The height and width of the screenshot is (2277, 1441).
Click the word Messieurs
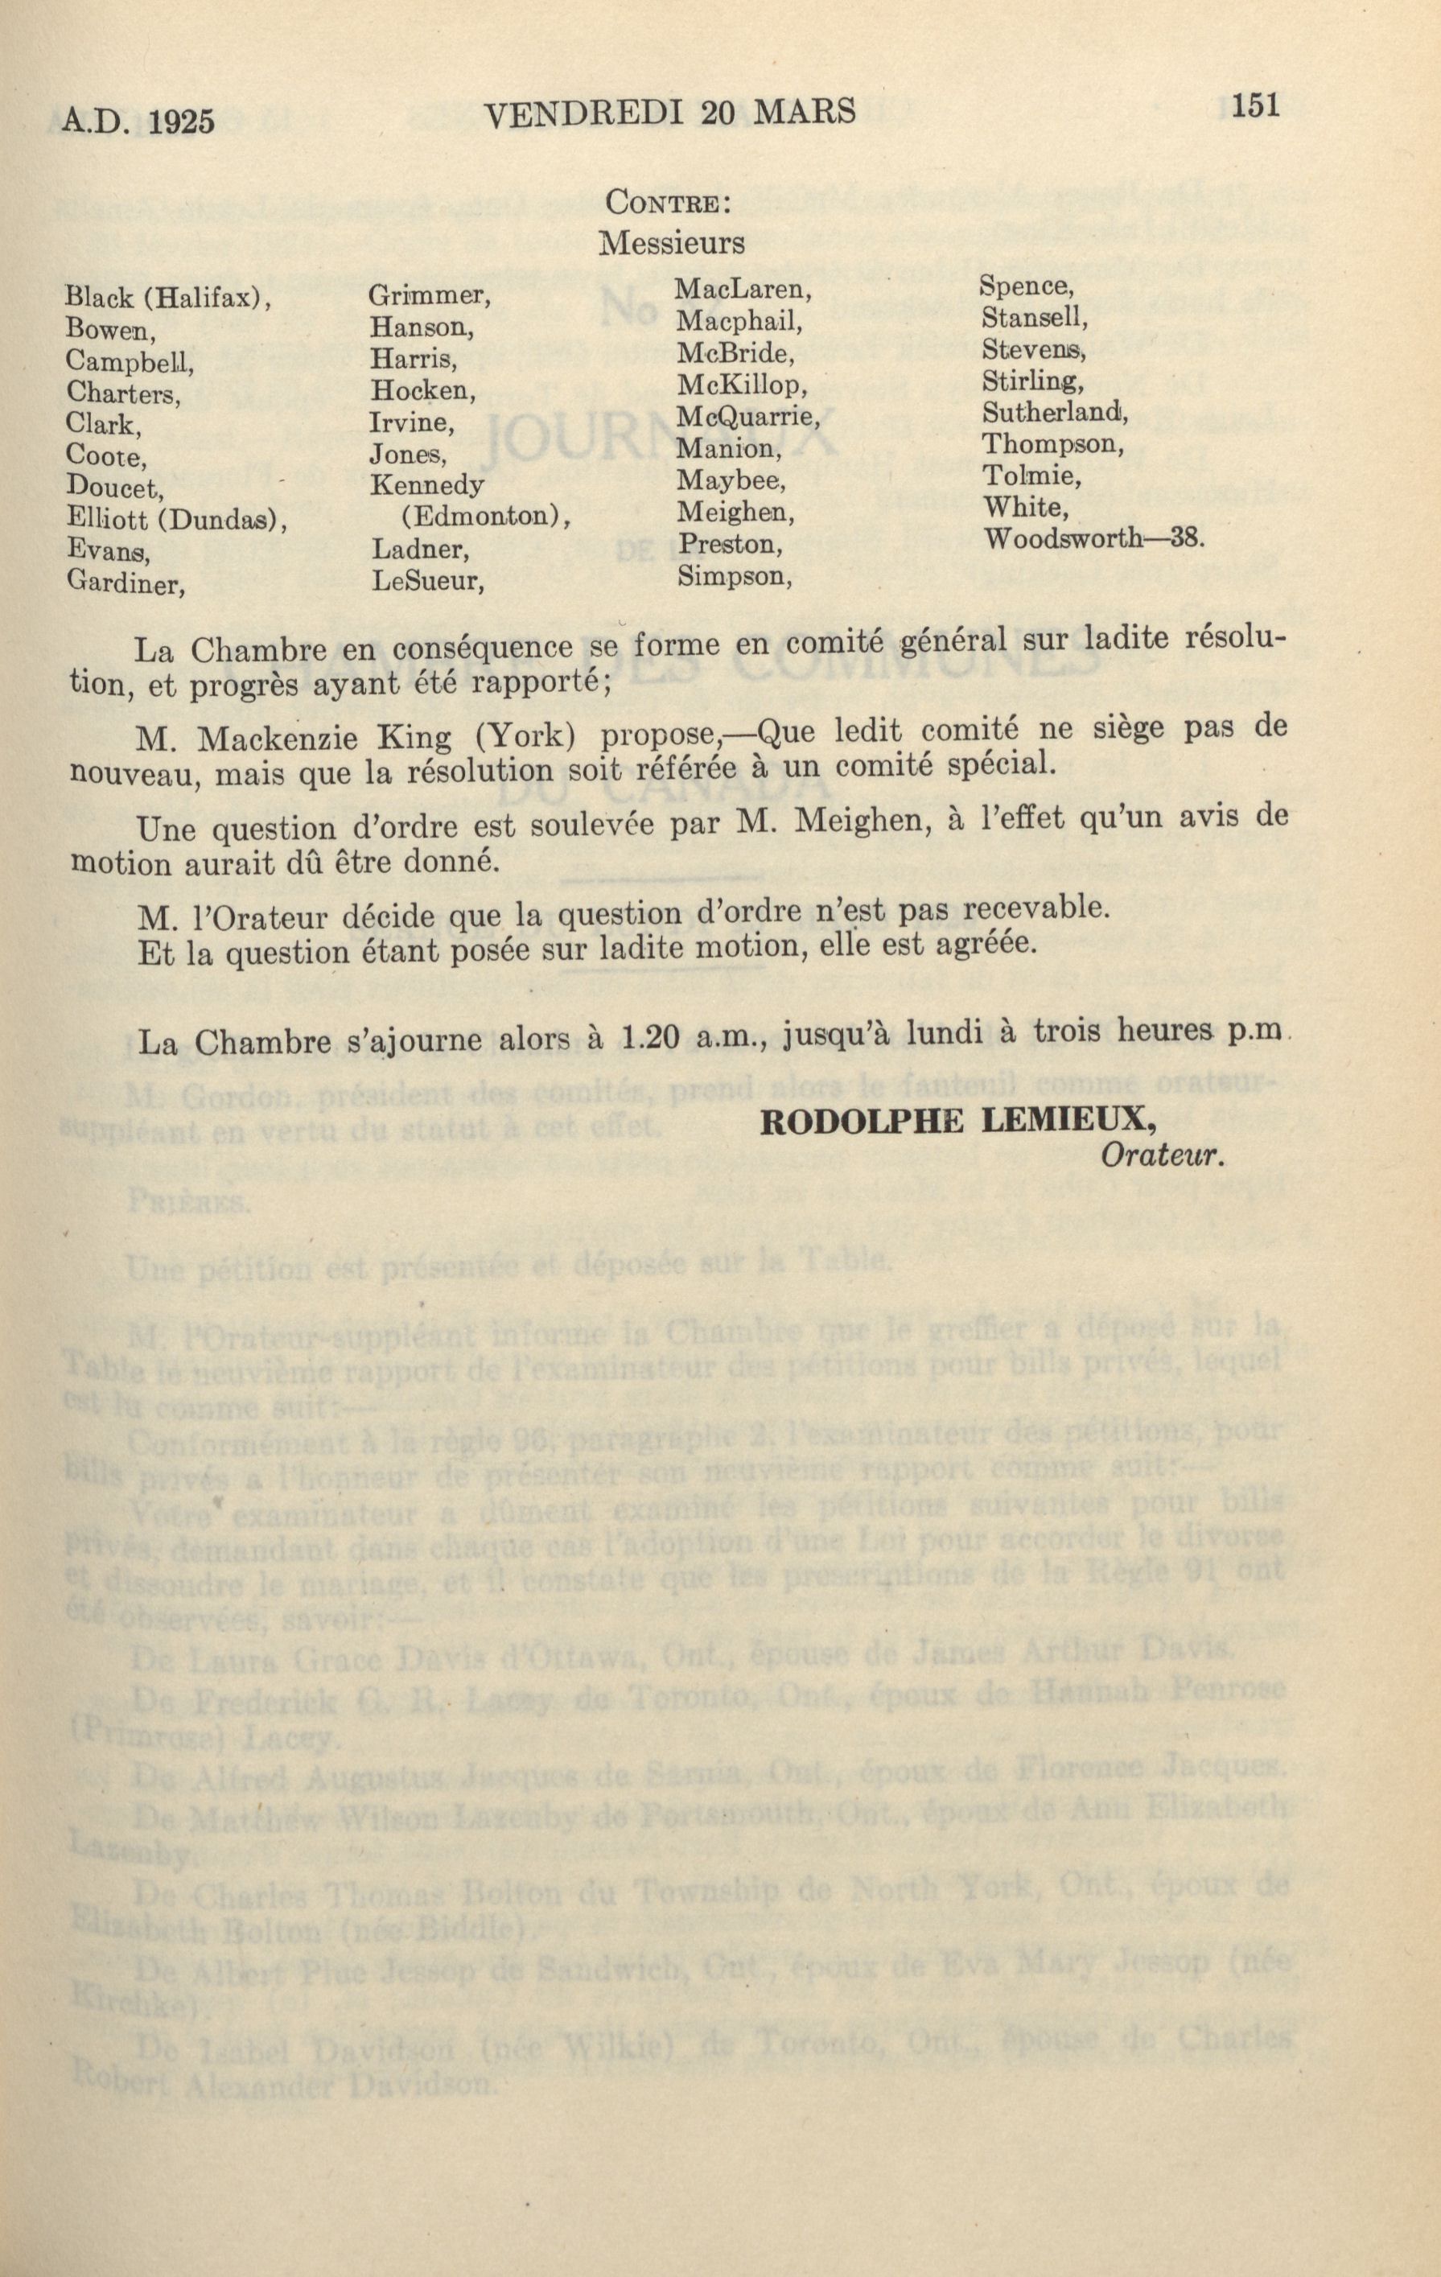coord(671,244)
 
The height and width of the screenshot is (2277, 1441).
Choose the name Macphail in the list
coord(739,323)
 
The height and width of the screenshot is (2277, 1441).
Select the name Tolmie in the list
coord(1023,476)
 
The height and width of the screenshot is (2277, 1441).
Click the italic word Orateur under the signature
coord(1162,1158)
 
